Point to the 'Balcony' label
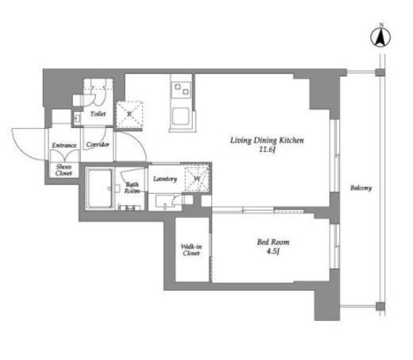coord(361,188)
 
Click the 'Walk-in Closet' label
coord(191,250)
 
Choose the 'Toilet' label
coord(98,114)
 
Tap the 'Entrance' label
coord(64,145)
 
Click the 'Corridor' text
coord(97,145)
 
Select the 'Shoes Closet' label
coord(63,169)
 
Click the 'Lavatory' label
coord(164,178)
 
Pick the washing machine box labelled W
coord(195,177)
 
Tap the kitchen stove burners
coord(179,87)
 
